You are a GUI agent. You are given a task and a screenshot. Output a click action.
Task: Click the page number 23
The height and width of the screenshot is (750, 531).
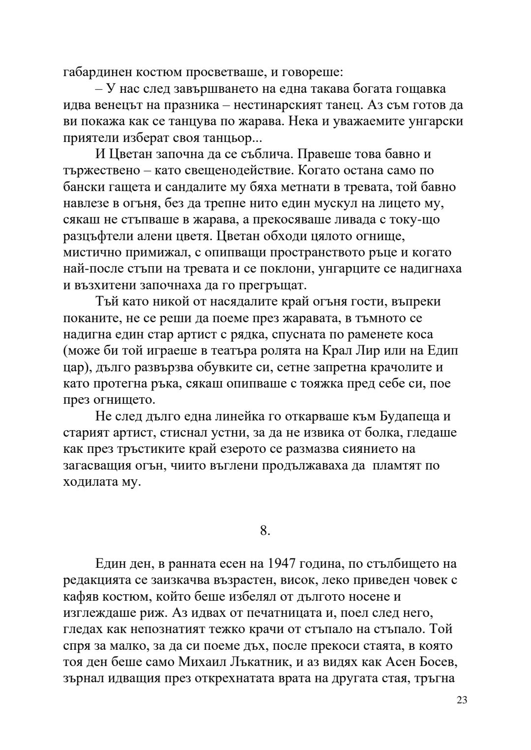pyautogui.click(x=462, y=700)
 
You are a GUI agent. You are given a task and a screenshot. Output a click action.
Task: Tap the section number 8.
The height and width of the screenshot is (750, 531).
pyautogui.click(x=265, y=530)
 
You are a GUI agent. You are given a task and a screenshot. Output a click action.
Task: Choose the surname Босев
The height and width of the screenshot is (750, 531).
pyautogui.click(x=437, y=662)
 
